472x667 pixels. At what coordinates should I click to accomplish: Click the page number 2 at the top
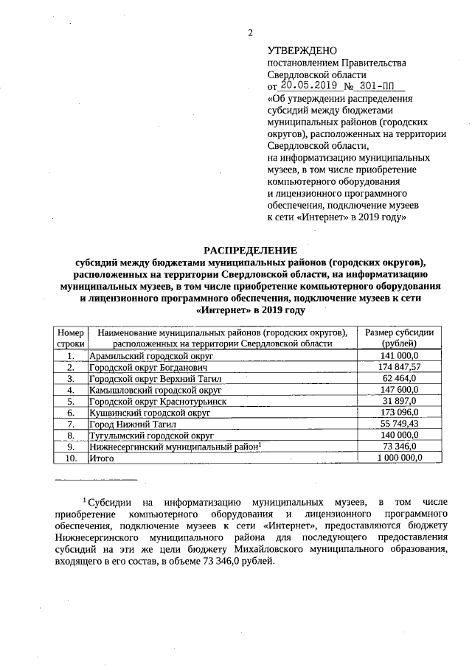(250, 32)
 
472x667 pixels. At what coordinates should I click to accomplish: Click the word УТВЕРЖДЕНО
(301, 51)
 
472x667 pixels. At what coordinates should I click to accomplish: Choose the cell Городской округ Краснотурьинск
(152, 401)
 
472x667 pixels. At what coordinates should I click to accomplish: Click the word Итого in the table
(100, 458)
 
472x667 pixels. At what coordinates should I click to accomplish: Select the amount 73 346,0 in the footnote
(237, 560)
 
